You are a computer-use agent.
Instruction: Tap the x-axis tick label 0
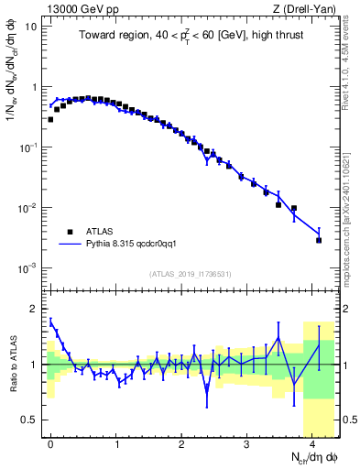50,442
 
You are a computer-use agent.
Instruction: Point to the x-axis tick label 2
181,442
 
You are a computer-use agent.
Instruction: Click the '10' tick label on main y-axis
31,27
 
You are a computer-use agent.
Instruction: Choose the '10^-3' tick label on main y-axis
29,268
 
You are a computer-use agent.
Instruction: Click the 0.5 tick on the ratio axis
32,420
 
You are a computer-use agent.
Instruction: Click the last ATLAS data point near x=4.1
319,240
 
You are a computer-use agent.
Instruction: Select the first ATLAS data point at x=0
50,119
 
